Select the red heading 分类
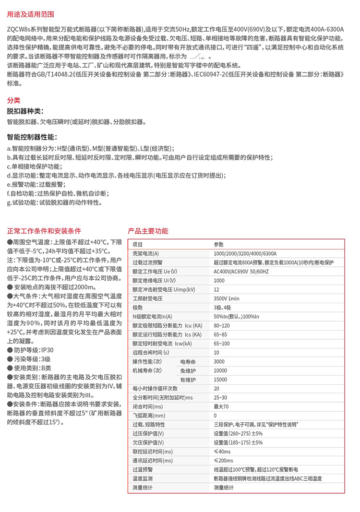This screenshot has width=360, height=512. tap(13, 100)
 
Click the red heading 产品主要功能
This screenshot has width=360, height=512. tap(148, 231)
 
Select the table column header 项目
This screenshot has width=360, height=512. tap(138, 244)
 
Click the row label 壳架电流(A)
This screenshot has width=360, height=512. tap(145, 253)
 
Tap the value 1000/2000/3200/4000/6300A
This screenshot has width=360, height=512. tap(245, 253)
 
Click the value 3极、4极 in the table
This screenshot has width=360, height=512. tap(222, 307)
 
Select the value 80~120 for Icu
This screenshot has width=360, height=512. tap(222, 325)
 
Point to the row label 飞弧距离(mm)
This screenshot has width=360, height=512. tap(149, 415)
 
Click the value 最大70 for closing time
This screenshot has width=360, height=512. tap(221, 406)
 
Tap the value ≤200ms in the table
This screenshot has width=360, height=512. tap(223, 461)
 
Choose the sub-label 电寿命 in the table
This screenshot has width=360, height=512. tap(188, 361)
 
